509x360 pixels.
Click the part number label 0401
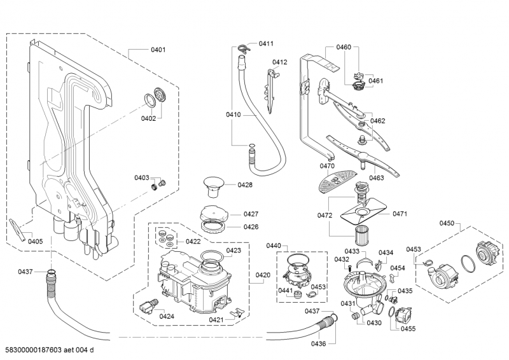click(x=157, y=50)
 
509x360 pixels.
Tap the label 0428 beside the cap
click(x=245, y=185)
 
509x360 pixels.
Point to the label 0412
click(x=280, y=62)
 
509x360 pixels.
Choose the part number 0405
click(x=36, y=241)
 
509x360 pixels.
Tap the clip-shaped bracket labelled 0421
click(x=237, y=312)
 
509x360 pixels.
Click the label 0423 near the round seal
click(x=233, y=251)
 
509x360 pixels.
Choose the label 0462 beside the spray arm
click(x=378, y=121)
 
